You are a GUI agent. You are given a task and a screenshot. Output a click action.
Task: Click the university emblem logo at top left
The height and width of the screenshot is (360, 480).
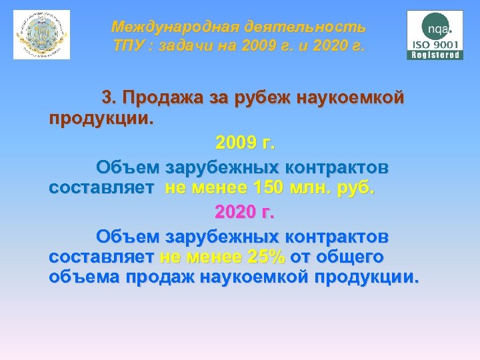(41, 35)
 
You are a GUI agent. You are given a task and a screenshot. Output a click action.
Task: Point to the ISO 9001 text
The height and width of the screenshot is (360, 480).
(435, 45)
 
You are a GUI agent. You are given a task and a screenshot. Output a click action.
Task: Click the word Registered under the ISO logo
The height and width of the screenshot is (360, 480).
(435, 55)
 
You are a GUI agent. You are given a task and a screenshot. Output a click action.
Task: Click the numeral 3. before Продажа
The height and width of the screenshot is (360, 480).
(109, 99)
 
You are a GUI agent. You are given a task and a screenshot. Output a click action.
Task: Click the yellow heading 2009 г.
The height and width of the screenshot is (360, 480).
(245, 143)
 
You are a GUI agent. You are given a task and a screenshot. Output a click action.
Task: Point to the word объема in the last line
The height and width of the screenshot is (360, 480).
(79, 277)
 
